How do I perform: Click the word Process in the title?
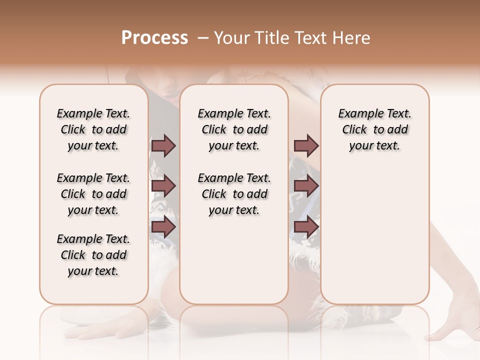(x=154, y=38)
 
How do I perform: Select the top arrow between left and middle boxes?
(x=163, y=146)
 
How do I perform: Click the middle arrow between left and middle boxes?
(x=163, y=186)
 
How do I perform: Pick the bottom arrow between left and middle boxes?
(x=163, y=227)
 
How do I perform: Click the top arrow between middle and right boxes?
(x=306, y=146)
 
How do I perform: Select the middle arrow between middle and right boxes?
(x=306, y=186)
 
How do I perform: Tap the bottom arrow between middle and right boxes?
(x=306, y=227)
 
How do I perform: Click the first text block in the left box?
(x=93, y=129)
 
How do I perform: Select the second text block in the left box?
(x=93, y=194)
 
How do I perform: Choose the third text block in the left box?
(x=93, y=255)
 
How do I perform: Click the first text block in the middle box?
(x=234, y=129)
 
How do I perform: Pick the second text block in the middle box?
(x=234, y=194)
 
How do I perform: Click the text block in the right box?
(x=374, y=129)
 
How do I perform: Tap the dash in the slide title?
(x=203, y=38)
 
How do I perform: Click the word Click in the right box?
(x=354, y=130)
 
